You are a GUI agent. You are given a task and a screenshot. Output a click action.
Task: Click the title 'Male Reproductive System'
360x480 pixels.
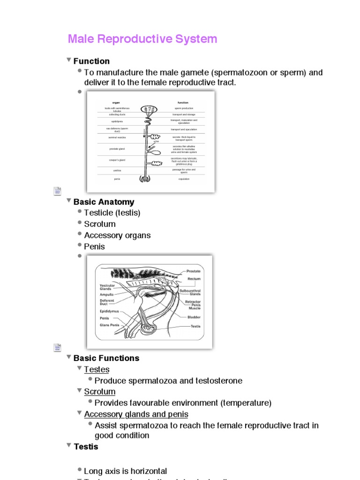(x=142, y=39)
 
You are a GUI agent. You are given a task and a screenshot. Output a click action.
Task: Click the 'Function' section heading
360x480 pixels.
(x=91, y=61)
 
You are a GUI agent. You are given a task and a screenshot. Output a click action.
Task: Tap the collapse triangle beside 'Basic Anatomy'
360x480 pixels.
(x=69, y=201)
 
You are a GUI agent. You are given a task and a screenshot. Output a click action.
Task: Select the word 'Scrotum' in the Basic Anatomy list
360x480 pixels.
(x=99, y=224)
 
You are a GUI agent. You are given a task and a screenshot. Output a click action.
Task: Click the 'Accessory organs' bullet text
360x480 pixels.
(x=117, y=235)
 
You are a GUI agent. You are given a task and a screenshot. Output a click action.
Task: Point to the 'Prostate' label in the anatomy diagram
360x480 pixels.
(x=194, y=271)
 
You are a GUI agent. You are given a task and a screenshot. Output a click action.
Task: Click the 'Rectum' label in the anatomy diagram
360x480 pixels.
(x=194, y=279)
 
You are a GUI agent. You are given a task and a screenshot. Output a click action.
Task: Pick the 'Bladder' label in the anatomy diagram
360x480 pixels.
(x=194, y=317)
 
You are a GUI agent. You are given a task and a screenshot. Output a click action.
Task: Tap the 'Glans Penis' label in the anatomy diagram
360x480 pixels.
(x=109, y=325)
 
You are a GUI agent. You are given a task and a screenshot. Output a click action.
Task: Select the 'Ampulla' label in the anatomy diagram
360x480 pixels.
(x=106, y=294)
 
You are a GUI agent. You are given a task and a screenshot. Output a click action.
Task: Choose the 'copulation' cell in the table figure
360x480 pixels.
(x=183, y=179)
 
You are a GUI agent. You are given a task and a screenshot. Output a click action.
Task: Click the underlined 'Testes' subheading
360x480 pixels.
(x=97, y=369)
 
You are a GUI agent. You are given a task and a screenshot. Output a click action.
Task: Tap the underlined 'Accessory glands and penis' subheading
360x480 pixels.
(x=136, y=414)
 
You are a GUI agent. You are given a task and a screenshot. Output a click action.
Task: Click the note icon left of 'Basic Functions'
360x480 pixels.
(x=57, y=348)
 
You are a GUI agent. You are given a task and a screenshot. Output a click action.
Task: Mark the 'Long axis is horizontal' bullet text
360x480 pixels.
(x=125, y=471)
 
